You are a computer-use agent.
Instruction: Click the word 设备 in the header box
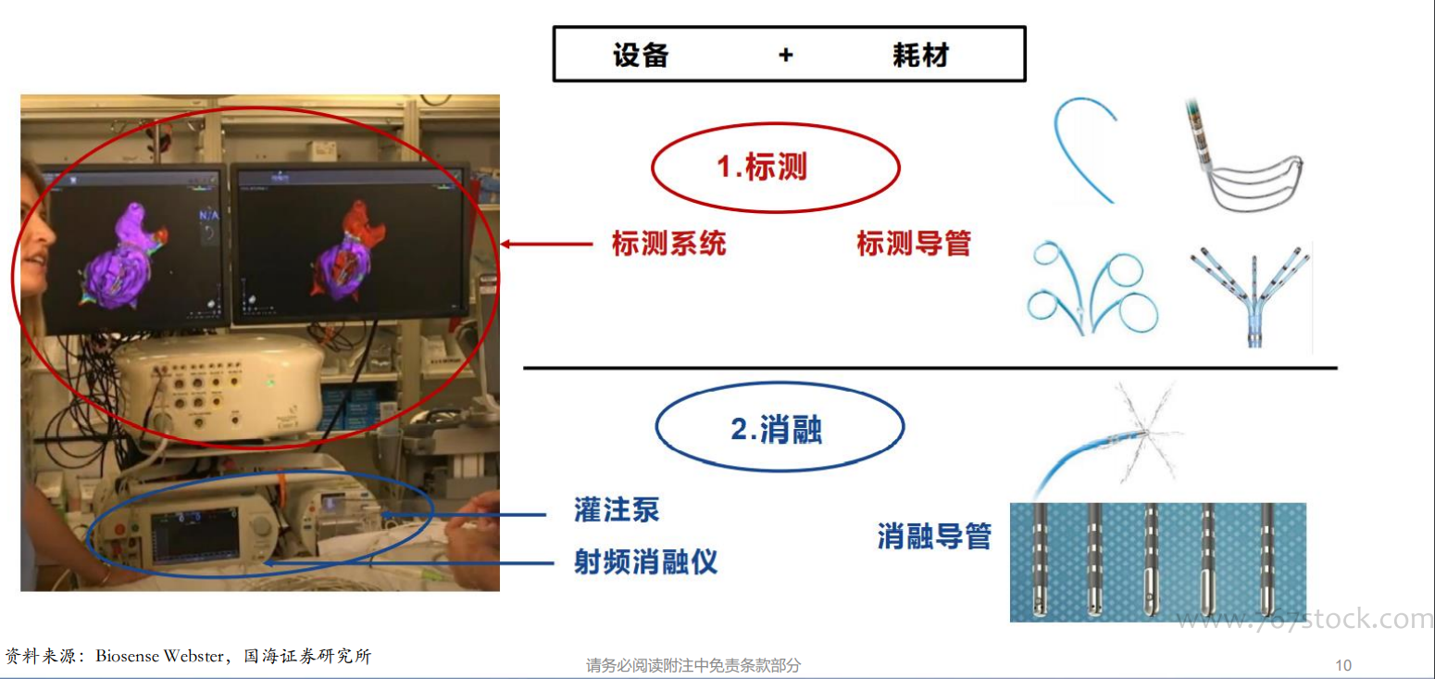(641, 56)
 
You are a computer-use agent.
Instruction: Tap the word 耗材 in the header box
(920, 56)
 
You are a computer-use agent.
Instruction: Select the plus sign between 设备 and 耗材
(786, 56)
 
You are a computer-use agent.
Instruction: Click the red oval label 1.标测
(776, 168)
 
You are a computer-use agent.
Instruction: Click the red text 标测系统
(668, 244)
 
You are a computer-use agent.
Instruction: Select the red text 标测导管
(914, 244)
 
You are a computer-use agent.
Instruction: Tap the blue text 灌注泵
(617, 510)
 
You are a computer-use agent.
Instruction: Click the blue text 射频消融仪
(646, 562)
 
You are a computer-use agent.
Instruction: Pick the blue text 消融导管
(934, 536)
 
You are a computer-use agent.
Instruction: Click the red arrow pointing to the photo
(546, 244)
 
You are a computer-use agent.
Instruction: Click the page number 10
(1342, 665)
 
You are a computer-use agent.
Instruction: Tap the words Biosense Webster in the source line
(159, 656)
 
